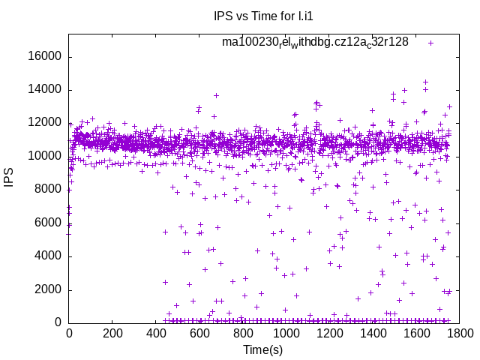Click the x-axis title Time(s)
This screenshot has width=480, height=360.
click(262, 350)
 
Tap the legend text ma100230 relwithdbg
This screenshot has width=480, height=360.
click(315, 42)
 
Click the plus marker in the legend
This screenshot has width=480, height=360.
click(430, 43)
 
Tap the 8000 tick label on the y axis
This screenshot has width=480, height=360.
click(48, 190)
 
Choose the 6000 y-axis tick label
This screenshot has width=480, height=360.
click(48, 223)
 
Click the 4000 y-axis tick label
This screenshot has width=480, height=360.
click(48, 256)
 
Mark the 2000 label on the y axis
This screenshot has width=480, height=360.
click(48, 289)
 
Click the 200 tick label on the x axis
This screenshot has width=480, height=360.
click(112, 333)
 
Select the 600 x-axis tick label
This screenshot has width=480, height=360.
click(198, 333)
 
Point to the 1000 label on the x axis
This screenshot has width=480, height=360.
click(284, 333)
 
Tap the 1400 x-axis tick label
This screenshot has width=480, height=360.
click(370, 333)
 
